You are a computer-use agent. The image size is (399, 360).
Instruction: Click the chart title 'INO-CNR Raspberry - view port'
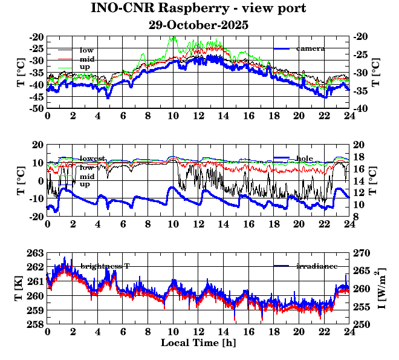pyautogui.click(x=198, y=9)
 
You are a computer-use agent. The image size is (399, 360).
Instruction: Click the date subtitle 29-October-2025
pyautogui.click(x=198, y=25)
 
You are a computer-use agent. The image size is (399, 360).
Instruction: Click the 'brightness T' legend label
pyautogui.click(x=105, y=266)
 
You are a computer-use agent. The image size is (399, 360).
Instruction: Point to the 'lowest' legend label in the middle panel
pyautogui.click(x=93, y=159)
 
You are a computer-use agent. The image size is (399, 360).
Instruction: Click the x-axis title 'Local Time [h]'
pyautogui.click(x=198, y=343)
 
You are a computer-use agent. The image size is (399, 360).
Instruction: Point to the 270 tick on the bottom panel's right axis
pyautogui.click(x=360, y=253)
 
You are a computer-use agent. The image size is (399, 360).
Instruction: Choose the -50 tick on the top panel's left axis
pyautogui.click(x=36, y=108)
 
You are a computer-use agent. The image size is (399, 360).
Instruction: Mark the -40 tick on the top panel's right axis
pyautogui.click(x=362, y=108)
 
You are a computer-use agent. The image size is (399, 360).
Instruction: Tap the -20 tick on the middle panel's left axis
pyautogui.click(x=36, y=216)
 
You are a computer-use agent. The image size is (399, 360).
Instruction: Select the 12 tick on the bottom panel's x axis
pyautogui.click(x=198, y=332)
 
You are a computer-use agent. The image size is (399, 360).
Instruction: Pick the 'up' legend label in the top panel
pyautogui.click(x=86, y=66)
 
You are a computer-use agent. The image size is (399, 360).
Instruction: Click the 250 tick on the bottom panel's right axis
pyautogui.click(x=360, y=324)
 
